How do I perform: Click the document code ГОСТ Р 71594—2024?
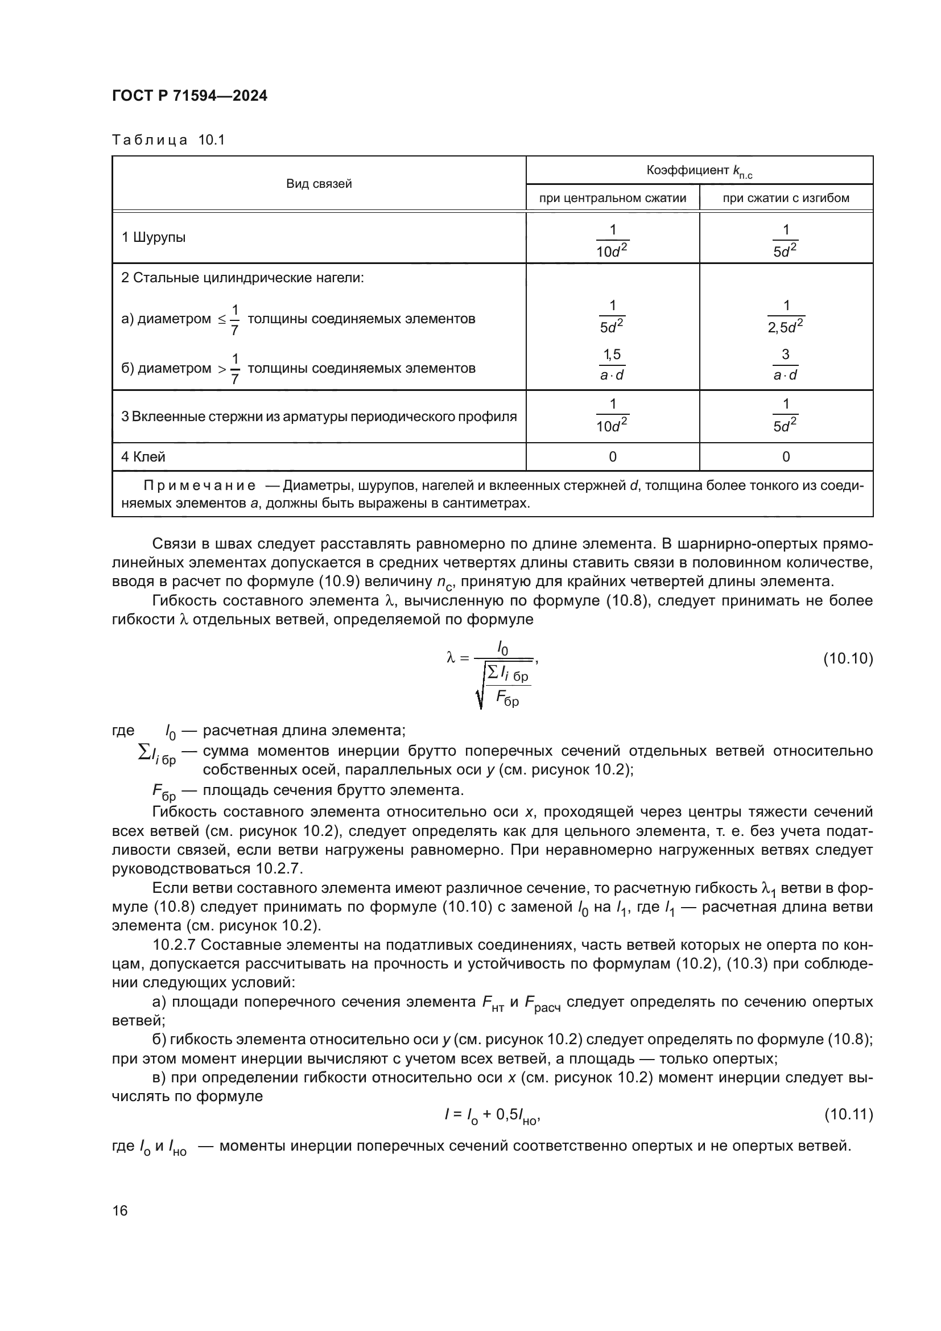pos(189,96)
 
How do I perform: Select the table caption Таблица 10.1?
pos(168,140)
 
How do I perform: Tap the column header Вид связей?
pos(319,184)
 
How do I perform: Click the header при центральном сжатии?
pos(613,198)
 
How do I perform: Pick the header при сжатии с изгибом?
pos(786,198)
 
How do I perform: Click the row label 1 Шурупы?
pos(154,237)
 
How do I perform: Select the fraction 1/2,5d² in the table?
pos(786,316)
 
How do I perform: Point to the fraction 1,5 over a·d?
pos(612,365)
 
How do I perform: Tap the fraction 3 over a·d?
pos(786,365)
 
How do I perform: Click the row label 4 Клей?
pos(143,457)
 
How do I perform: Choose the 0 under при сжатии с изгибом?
pos(786,457)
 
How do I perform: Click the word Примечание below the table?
pos(199,486)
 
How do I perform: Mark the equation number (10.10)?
pos(848,658)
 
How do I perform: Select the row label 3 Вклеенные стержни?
pos(319,417)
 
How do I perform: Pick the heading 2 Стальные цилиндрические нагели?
pos(242,278)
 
